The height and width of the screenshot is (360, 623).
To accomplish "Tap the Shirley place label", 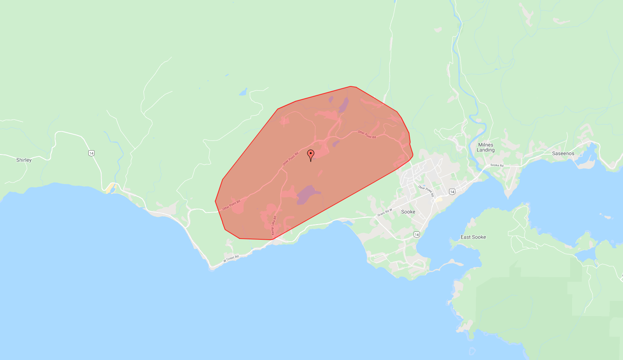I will point(24,160).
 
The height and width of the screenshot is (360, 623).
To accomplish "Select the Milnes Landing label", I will point(486,147).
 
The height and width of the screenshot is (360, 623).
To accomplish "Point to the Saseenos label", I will point(563,153).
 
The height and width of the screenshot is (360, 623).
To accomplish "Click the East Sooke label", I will point(473,237).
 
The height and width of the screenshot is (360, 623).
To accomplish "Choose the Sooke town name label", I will point(408,212).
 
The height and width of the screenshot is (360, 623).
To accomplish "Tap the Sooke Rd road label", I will point(497,165).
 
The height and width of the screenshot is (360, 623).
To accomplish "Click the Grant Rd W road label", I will point(384,212).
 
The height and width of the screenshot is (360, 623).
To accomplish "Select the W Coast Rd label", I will point(231,258).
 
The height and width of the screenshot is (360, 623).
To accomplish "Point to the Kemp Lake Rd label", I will point(274,226).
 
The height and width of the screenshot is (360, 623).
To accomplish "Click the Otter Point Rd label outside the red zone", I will point(426,191).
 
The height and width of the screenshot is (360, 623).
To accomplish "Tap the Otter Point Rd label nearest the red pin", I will point(290,159).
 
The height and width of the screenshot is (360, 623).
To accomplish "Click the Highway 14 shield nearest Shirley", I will point(91,153).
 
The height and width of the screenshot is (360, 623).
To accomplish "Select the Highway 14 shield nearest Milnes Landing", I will point(452,191).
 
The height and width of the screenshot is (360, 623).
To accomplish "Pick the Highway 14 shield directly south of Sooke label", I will point(417,234).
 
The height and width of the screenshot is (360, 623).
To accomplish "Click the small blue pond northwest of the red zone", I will point(243,92).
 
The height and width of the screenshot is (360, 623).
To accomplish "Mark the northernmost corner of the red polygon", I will point(351,86).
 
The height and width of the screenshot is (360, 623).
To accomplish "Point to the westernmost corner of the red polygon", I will point(215,201).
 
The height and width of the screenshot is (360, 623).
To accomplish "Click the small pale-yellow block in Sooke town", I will point(439,199).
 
